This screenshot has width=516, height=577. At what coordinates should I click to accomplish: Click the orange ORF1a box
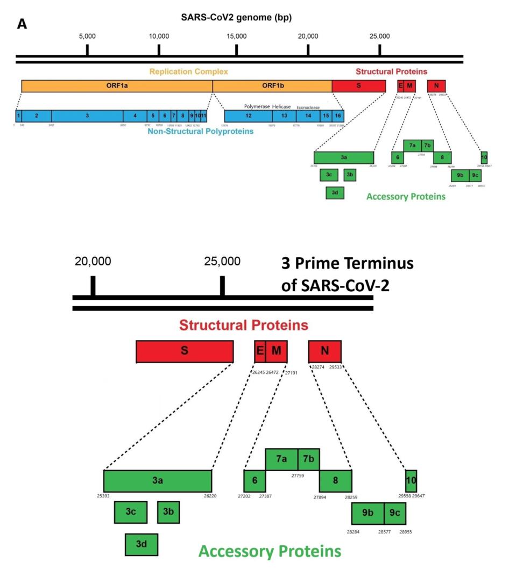coord(117,86)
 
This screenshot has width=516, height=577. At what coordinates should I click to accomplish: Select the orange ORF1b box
coord(272,86)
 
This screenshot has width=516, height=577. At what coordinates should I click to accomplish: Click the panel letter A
coord(22,24)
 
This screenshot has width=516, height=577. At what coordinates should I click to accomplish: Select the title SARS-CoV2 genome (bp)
coord(236,18)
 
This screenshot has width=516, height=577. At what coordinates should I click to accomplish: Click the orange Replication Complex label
coord(189,71)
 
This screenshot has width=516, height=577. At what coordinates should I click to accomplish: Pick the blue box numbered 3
coord(87,116)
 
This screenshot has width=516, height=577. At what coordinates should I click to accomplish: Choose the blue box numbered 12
coord(249,116)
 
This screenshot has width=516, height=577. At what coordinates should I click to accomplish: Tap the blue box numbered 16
coord(337,116)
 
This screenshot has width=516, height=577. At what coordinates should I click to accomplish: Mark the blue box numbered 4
coord(135,116)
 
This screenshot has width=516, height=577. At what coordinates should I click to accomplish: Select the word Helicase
coord(281,106)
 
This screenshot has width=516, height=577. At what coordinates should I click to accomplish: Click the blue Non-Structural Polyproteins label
coord(201,131)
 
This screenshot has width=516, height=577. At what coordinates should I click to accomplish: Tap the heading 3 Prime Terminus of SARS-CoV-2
coord(347,274)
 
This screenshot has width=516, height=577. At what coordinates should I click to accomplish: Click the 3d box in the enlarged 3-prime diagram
coord(141,544)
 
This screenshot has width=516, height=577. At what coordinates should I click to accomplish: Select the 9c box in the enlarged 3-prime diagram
coord(394,513)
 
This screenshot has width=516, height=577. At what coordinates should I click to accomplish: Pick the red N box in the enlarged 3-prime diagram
coord(324,351)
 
